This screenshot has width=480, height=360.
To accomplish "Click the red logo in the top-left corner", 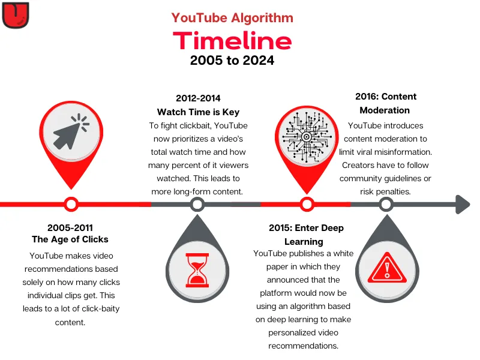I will click(16, 15).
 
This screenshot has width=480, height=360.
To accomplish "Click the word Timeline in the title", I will click(232, 40).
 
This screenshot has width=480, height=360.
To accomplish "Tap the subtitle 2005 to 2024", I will click(232, 61).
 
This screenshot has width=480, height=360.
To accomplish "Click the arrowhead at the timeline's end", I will click(461, 204).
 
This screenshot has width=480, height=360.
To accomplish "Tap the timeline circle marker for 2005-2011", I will click(71, 205).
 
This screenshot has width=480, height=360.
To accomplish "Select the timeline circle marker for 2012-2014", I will click(197, 205).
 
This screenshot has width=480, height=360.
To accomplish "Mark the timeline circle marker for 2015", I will click(307, 205).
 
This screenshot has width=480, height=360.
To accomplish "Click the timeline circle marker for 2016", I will click(386, 205).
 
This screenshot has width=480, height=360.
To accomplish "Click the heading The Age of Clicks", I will click(70, 239).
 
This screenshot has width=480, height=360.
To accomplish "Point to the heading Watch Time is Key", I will click(198, 112).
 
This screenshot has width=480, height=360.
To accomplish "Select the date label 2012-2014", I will click(198, 98).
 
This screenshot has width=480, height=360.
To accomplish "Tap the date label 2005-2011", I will click(70, 227).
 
